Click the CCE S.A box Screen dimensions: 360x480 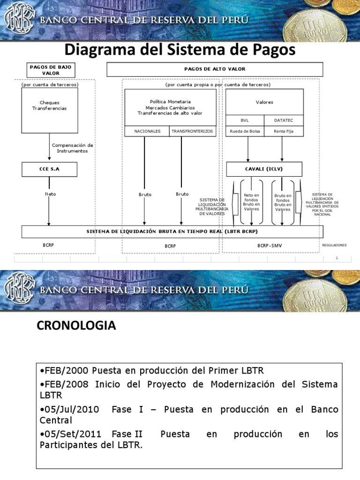(x=49, y=169)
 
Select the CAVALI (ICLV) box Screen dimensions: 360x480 (x=264, y=169)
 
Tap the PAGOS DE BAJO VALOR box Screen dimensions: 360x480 (x=51, y=70)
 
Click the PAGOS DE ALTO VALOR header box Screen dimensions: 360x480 (x=215, y=69)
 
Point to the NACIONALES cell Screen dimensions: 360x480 (x=147, y=131)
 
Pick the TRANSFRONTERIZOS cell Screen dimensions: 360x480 (x=192, y=131)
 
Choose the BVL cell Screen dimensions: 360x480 (x=245, y=120)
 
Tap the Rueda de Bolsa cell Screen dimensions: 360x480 (x=245, y=131)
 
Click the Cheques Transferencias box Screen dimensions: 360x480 (x=49, y=105)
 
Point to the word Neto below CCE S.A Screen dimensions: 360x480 (x=50, y=194)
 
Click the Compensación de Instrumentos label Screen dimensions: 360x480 (x=72, y=148)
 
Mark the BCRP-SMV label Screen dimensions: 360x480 (x=270, y=245)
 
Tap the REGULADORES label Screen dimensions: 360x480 (x=334, y=245)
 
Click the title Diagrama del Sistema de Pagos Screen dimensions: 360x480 (x=180, y=50)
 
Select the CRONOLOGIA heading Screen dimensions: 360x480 (x=76, y=326)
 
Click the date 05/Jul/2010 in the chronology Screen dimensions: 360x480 (x=70, y=409)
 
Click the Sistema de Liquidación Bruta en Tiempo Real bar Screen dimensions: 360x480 (x=172, y=232)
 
